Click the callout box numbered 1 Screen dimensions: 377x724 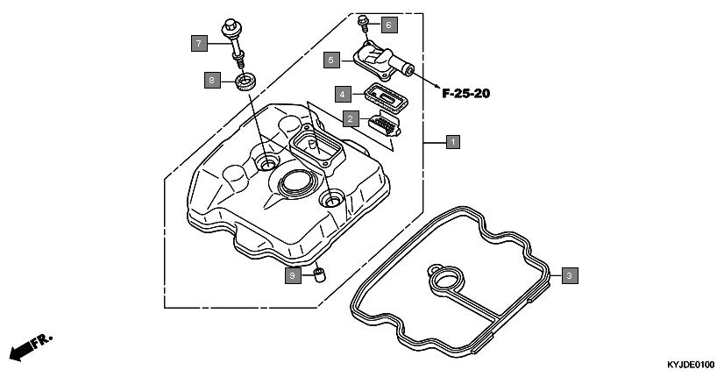click(452, 140)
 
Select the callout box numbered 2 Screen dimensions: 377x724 click(351, 118)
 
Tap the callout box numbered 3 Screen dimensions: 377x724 click(569, 276)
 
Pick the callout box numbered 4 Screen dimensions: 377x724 click(344, 93)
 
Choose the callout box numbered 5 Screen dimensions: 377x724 click(330, 60)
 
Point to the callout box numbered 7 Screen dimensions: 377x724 click(199, 42)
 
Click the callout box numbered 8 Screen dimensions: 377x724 click(210, 80)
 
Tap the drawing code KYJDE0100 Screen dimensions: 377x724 click(692, 365)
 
